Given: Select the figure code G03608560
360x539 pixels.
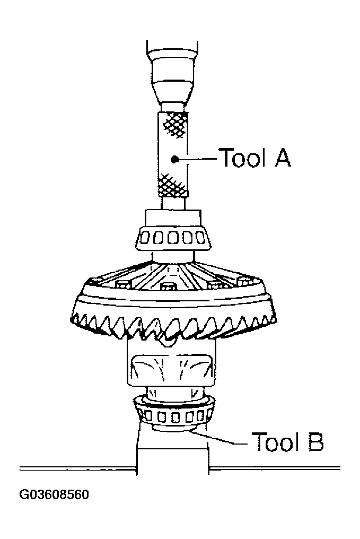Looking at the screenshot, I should pyautogui.click(x=54, y=495).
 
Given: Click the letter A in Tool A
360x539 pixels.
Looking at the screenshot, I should pyautogui.click(x=282, y=158).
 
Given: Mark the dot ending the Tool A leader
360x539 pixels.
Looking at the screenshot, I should pyautogui.click(x=174, y=158).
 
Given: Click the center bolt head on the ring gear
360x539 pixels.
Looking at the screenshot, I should pyautogui.click(x=168, y=288).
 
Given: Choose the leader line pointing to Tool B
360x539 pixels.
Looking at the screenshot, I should pyautogui.click(x=220, y=439).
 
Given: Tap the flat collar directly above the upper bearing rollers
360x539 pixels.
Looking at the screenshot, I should pyautogui.click(x=173, y=218).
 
